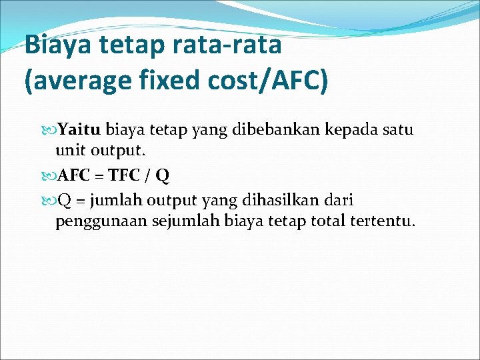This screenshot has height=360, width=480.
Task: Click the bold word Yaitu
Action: (80, 129)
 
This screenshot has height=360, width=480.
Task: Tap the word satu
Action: (399, 129)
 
